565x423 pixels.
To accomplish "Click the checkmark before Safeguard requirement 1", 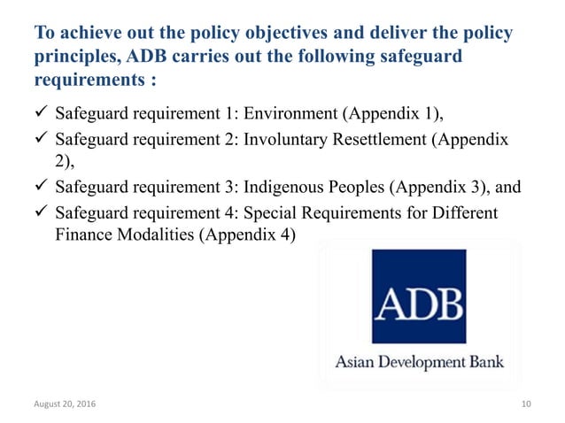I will click(x=39, y=115).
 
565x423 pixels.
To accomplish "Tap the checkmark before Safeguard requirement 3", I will click(x=39, y=188).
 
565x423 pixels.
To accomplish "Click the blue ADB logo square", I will click(x=418, y=296).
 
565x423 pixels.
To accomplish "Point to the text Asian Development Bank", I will click(x=418, y=361).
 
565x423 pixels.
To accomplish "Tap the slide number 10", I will click(x=527, y=404).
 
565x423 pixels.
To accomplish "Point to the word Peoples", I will click(x=360, y=188).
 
